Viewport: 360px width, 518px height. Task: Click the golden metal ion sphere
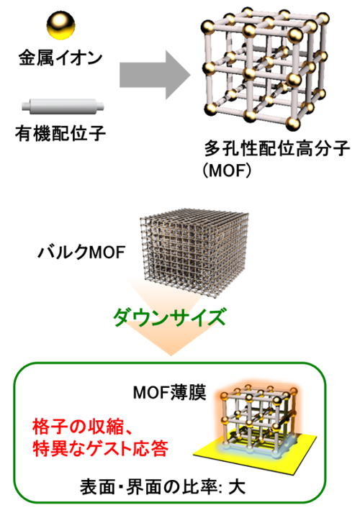pos(60,25)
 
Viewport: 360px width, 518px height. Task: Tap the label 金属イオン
pos(60,58)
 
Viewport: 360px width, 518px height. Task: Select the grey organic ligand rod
pos(63,106)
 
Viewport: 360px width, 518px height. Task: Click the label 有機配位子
pos(60,134)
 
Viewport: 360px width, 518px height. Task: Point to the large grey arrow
pos(155,75)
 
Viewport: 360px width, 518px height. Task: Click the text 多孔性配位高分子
pos(277,148)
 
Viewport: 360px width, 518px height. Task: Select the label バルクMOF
pos(81,253)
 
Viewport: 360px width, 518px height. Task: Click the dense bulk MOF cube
pos(194,253)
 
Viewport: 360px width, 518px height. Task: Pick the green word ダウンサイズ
pos(170,317)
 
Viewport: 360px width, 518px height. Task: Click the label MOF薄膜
pos(170,393)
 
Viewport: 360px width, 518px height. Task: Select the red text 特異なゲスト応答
pos(101,449)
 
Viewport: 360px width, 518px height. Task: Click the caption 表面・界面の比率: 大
pos(163,487)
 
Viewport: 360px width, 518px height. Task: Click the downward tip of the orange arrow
pos(171,356)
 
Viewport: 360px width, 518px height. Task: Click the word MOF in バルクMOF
pos(107,253)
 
